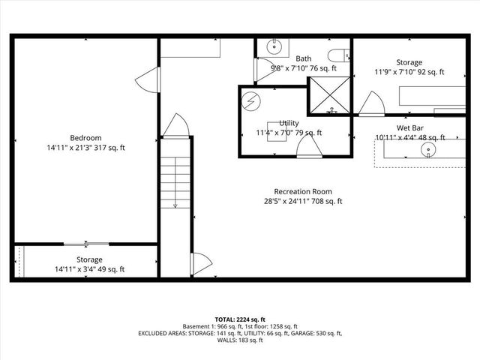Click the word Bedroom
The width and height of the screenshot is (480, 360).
[85, 137]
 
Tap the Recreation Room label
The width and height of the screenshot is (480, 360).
[302, 190]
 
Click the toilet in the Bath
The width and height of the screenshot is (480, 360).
[340, 55]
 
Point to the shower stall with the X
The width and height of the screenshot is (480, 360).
[330, 94]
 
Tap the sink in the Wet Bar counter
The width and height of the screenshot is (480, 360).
[428, 150]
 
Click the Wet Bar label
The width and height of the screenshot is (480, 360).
[410, 127]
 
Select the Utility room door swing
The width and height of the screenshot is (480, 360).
[309, 147]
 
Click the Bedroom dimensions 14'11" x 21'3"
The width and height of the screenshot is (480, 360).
[85, 148]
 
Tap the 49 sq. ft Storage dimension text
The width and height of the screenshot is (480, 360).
[90, 269]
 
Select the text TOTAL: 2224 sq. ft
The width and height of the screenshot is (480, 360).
[240, 319]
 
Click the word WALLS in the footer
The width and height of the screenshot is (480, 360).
[227, 340]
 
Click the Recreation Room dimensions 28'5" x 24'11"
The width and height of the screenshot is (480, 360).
[302, 201]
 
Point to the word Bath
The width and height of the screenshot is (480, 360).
[304, 58]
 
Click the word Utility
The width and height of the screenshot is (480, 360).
[289, 122]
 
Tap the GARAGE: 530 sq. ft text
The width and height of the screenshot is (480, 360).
[315, 333]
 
